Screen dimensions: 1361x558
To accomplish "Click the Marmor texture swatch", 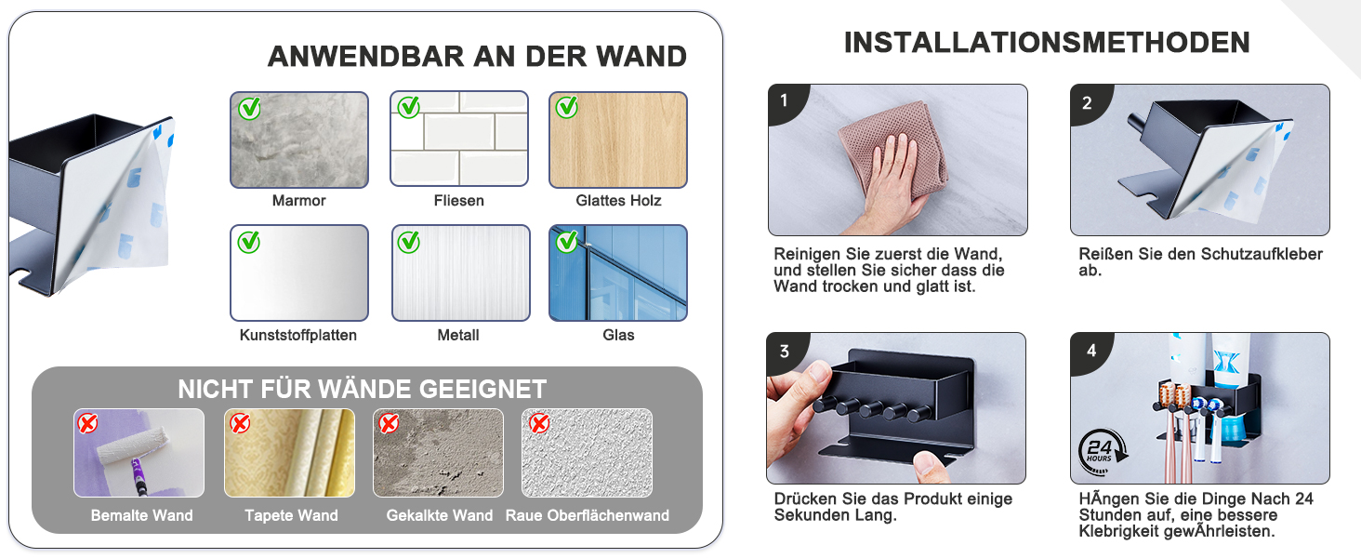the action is click(299, 139).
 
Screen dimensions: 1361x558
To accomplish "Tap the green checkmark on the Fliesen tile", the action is click(408, 108).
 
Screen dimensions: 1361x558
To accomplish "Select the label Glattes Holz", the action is click(618, 201).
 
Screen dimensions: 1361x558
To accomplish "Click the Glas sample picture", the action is click(618, 272).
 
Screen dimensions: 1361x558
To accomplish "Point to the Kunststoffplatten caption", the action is click(297, 335).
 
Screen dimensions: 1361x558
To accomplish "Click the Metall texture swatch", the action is click(460, 272).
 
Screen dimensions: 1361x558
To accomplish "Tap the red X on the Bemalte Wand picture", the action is click(87, 423).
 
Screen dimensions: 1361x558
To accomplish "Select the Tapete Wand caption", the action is click(291, 515).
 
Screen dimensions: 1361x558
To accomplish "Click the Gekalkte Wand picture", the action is click(438, 453).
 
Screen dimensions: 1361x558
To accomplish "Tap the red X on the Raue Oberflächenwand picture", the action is click(539, 423).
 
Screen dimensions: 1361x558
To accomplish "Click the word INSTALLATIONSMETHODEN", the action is click(1046, 43).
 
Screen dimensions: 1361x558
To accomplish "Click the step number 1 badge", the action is click(786, 100).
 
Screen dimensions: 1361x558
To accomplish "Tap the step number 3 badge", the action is click(785, 351).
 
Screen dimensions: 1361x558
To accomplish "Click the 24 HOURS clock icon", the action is click(1101, 452).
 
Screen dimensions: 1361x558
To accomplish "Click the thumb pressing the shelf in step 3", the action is click(931, 465).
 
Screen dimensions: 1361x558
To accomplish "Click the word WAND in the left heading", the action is click(641, 56).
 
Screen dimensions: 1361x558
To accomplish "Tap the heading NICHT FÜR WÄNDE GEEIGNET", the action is click(363, 389).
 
